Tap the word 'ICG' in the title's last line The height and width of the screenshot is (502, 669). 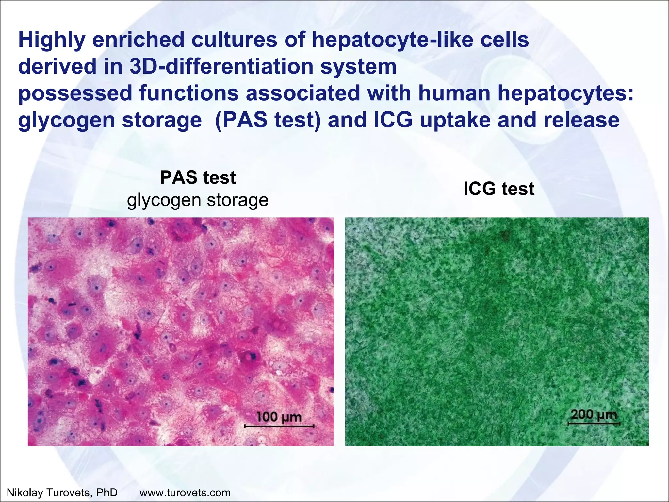(x=393, y=120)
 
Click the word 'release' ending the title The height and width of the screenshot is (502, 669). (x=581, y=120)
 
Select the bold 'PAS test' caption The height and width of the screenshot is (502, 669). (x=198, y=178)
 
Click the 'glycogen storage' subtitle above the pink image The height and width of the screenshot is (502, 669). (x=198, y=200)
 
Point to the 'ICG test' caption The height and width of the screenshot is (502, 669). (x=498, y=189)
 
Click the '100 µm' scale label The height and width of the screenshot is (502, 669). (x=279, y=417)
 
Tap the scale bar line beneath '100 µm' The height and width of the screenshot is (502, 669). (x=279, y=426)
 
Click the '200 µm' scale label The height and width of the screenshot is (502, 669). (x=594, y=414)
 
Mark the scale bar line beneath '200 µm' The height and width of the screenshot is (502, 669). (x=594, y=424)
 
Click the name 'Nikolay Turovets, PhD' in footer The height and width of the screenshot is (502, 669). (x=62, y=492)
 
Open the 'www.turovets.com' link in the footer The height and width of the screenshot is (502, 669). (x=185, y=492)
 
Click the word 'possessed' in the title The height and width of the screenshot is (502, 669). (x=75, y=93)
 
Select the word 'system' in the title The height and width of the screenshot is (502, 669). (x=358, y=67)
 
